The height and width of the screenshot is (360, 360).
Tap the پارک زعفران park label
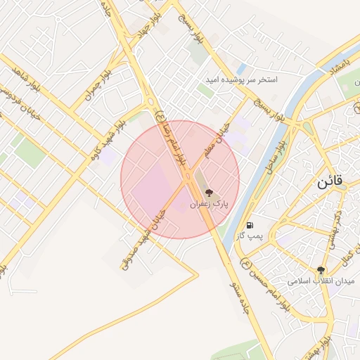point(209,205)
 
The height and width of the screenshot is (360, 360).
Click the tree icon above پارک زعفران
point(209,192)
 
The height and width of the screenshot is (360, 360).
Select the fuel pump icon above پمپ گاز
point(250,225)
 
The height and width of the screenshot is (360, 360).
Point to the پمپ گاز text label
point(250,236)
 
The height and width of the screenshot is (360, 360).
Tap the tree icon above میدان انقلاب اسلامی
point(321,269)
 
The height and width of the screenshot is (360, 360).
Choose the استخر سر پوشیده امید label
point(241,80)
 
